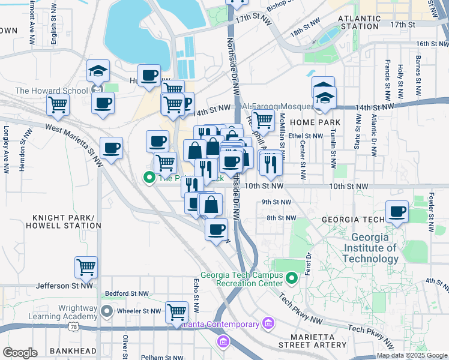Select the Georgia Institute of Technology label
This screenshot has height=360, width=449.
point(370,248)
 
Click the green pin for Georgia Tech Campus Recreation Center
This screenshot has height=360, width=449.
point(292,278)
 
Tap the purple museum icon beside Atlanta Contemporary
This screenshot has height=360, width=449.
point(268,325)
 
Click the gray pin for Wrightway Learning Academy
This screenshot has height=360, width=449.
point(107,311)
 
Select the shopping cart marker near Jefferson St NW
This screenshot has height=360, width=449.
point(86,266)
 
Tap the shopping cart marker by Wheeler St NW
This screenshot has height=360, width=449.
point(176,312)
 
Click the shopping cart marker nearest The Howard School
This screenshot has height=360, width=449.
point(58,104)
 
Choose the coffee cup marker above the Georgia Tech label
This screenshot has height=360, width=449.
point(397,212)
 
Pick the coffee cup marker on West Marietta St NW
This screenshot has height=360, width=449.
point(111,148)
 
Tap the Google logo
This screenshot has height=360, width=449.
point(20,352)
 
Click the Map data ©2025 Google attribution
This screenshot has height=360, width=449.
point(412,355)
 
